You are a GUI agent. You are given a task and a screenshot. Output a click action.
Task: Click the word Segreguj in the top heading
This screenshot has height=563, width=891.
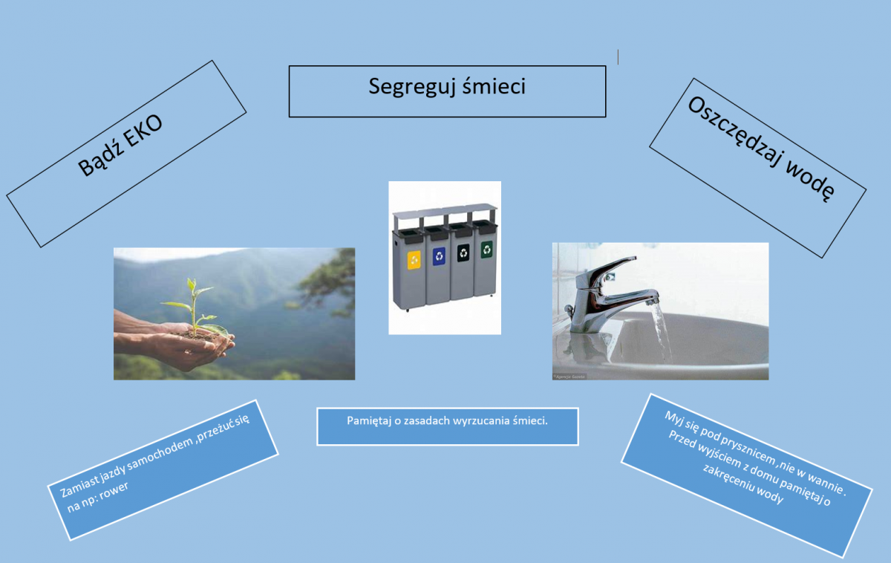point(411,87)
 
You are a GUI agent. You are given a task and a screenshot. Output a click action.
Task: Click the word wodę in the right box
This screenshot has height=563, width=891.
point(810,181)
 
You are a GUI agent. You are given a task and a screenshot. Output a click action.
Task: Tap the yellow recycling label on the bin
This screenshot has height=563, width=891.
point(414,260)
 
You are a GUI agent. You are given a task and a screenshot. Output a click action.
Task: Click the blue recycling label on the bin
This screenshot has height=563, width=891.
point(439,256)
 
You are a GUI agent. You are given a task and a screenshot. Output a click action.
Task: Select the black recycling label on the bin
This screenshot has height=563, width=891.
point(463,253)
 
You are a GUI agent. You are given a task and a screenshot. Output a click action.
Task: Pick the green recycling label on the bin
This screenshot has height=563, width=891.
point(486,250)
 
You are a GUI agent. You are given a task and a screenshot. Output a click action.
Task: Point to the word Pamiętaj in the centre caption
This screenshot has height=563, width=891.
point(369,421)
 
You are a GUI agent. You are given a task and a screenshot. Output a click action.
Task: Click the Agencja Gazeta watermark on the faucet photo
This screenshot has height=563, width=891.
point(570,377)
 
